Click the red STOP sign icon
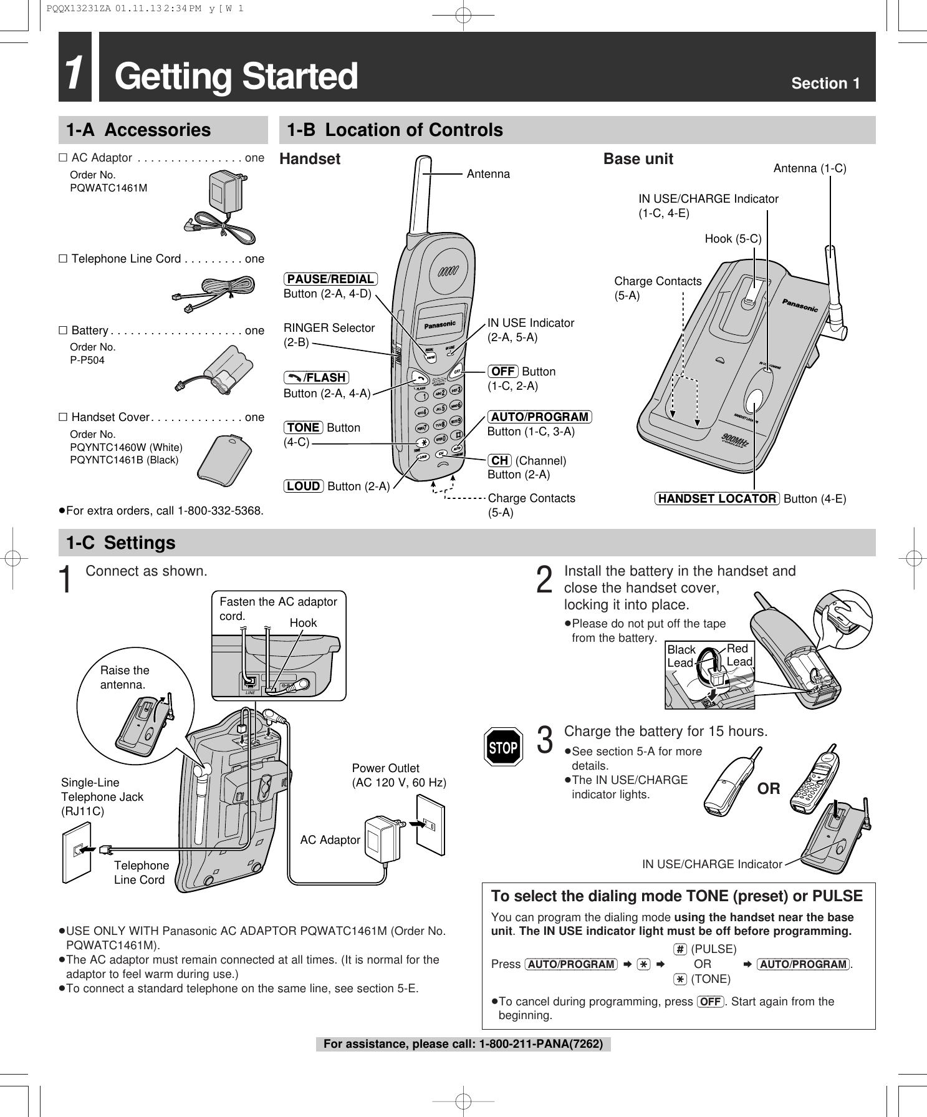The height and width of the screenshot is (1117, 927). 504,747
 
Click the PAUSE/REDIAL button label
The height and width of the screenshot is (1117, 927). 330,279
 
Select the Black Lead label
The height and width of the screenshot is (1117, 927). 681,656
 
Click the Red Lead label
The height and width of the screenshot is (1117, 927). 739,655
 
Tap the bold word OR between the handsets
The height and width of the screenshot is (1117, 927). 769,788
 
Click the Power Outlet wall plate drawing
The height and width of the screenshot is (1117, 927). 430,829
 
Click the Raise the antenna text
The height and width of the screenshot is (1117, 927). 125,677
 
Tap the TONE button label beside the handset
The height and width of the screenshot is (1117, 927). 304,427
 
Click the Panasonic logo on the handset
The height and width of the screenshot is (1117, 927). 440,325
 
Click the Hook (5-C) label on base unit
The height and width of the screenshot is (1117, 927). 732,238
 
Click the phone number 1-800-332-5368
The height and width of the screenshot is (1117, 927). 220,511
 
